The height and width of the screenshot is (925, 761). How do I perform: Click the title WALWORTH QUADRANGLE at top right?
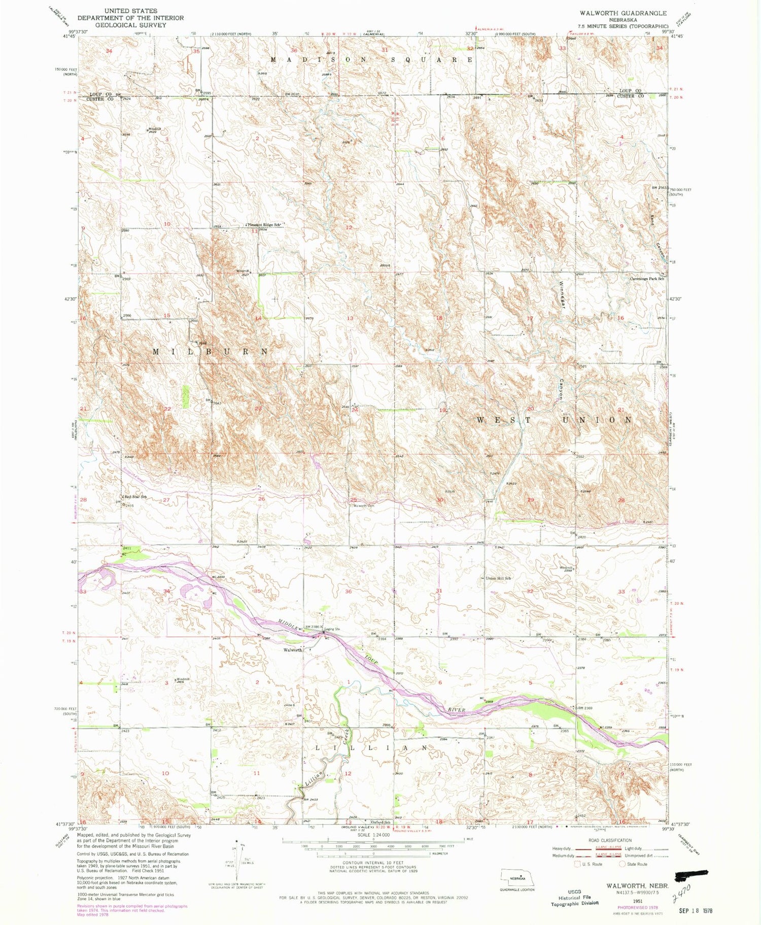pyautogui.click(x=623, y=13)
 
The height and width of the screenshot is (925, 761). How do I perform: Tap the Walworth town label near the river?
pyautogui.click(x=292, y=650)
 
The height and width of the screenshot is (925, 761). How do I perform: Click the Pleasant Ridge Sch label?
pyautogui.click(x=263, y=225)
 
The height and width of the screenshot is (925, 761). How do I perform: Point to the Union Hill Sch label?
pyautogui.click(x=498, y=578)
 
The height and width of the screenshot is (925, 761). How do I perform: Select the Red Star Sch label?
pyautogui.click(x=134, y=497)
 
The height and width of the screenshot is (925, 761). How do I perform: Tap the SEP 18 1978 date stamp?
pyautogui.click(x=696, y=911)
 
